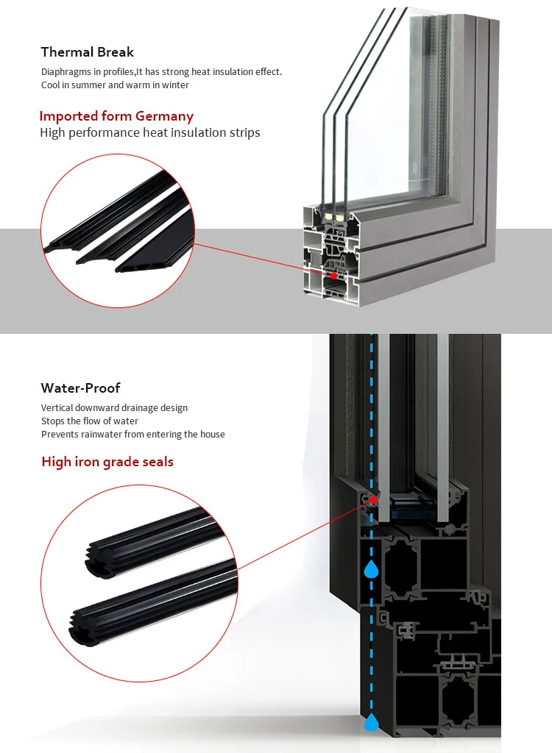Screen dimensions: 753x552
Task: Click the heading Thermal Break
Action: (88, 52)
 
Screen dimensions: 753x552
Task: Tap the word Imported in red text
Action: (68, 116)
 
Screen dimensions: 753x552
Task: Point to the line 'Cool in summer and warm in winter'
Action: (115, 85)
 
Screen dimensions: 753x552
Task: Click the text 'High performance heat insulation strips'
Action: (150, 133)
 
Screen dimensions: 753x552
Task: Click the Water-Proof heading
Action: (80, 388)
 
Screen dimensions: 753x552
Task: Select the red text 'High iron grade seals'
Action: (107, 462)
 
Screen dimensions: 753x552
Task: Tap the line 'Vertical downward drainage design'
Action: (114, 408)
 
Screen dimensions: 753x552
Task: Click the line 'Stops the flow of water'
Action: (89, 421)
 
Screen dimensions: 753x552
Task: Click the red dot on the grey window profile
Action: (334, 276)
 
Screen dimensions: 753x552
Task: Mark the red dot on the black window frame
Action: (372, 500)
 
